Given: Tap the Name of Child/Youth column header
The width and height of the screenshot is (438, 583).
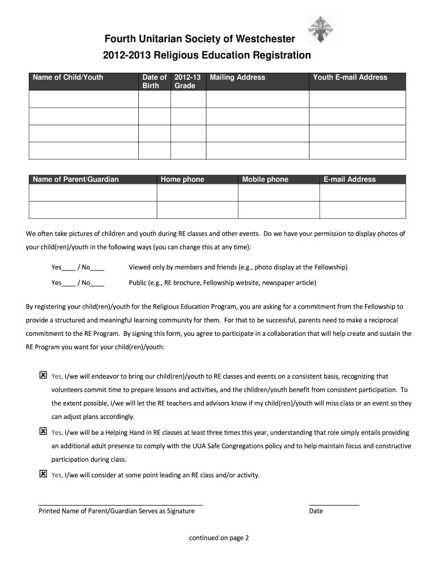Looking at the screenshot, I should (68, 77).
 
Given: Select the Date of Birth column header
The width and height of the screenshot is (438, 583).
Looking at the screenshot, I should (154, 81).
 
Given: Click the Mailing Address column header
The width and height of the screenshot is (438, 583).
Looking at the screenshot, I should (237, 77).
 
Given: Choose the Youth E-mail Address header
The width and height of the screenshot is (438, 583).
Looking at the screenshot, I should (350, 77).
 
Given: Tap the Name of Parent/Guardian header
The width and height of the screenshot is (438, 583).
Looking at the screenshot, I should (76, 179).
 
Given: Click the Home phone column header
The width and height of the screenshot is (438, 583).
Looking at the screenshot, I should (182, 179).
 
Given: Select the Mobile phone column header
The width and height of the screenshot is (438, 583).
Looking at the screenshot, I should (265, 179).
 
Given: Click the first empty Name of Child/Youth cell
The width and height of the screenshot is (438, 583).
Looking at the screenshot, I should (83, 99).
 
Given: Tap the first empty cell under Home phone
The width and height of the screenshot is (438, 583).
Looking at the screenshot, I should (197, 193).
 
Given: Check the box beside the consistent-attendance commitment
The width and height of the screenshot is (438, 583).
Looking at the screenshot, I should (43, 375).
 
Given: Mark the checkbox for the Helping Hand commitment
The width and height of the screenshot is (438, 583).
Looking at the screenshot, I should (43, 432).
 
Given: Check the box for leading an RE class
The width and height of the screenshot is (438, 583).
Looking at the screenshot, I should (43, 474).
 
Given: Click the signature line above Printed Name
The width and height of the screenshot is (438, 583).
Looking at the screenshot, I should (120, 504).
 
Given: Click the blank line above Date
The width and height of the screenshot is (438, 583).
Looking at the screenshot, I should (334, 504).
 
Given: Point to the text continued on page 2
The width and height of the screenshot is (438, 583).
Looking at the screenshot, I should (219, 537).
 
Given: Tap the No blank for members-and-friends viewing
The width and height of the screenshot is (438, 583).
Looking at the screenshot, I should (97, 268).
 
